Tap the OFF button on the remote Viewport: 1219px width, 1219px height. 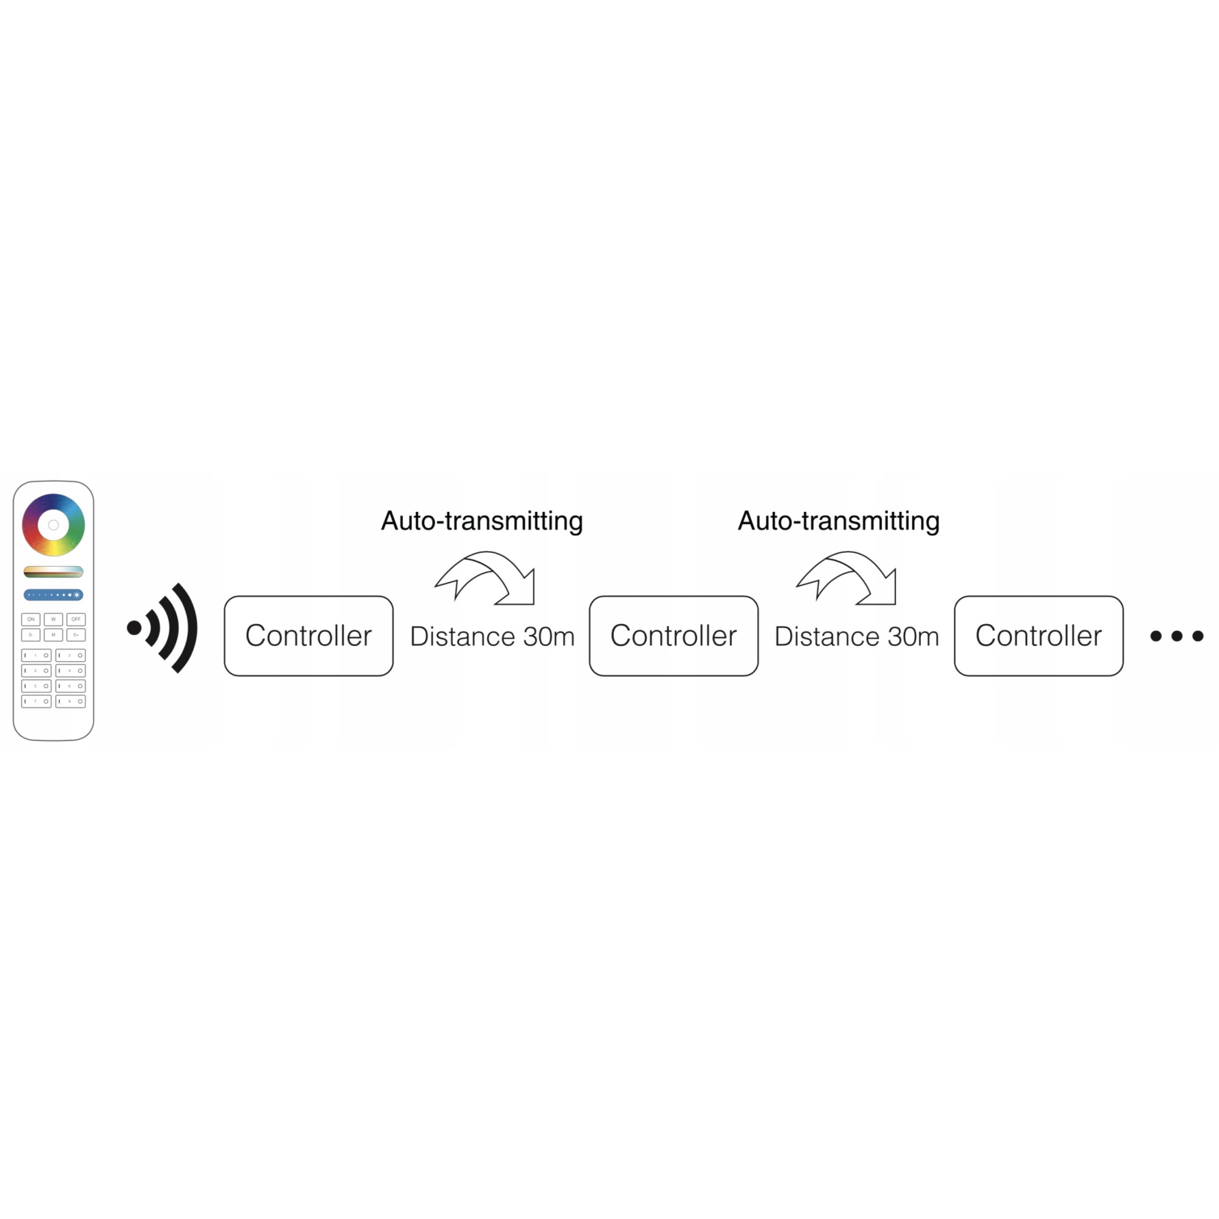pos(76,619)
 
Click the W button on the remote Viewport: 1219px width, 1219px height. pos(53,619)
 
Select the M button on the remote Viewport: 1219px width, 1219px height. pos(53,634)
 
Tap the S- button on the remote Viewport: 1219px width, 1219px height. pos(30,634)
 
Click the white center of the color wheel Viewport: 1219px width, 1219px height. pos(54,525)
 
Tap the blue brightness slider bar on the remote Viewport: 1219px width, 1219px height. pos(53,595)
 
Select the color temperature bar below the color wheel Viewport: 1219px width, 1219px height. pos(53,572)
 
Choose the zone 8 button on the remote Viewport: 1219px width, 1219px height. pos(70,701)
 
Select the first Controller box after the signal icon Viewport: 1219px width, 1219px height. pos(308,635)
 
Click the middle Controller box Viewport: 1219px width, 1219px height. pos(673,635)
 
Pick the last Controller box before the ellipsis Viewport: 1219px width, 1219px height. pos(1039,635)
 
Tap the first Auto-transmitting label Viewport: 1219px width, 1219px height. pos(482,521)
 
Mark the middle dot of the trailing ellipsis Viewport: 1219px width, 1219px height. pos(1177,636)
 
